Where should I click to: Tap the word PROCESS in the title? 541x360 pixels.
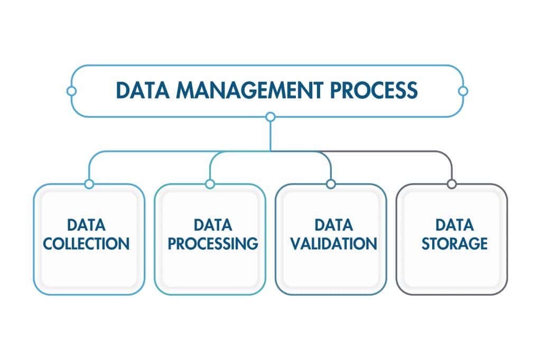pyautogui.click(x=374, y=90)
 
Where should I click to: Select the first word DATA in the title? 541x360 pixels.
pyautogui.click(x=142, y=90)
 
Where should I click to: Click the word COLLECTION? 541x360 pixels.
pyautogui.click(x=87, y=244)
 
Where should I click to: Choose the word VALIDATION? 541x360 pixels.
pyautogui.click(x=333, y=244)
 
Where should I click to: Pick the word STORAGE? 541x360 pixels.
pyautogui.click(x=454, y=244)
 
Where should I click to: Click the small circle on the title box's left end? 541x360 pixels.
pyautogui.click(x=71, y=91)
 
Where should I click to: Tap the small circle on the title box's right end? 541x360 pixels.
pyautogui.click(x=463, y=91)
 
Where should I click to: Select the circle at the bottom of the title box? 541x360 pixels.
pyautogui.click(x=270, y=117)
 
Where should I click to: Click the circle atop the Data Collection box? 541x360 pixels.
pyautogui.click(x=89, y=184)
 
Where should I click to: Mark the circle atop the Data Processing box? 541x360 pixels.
pyautogui.click(x=210, y=184)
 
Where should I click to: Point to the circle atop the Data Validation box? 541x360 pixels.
pyautogui.click(x=331, y=184)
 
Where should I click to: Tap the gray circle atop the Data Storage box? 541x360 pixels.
pyautogui.click(x=452, y=184)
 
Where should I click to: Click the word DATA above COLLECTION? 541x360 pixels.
pyautogui.click(x=87, y=225)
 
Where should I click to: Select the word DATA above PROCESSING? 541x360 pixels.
pyautogui.click(x=213, y=225)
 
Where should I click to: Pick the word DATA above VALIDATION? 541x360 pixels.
pyautogui.click(x=333, y=225)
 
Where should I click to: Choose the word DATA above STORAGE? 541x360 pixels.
pyautogui.click(x=454, y=225)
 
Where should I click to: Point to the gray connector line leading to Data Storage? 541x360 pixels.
pyautogui.click(x=402, y=151)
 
